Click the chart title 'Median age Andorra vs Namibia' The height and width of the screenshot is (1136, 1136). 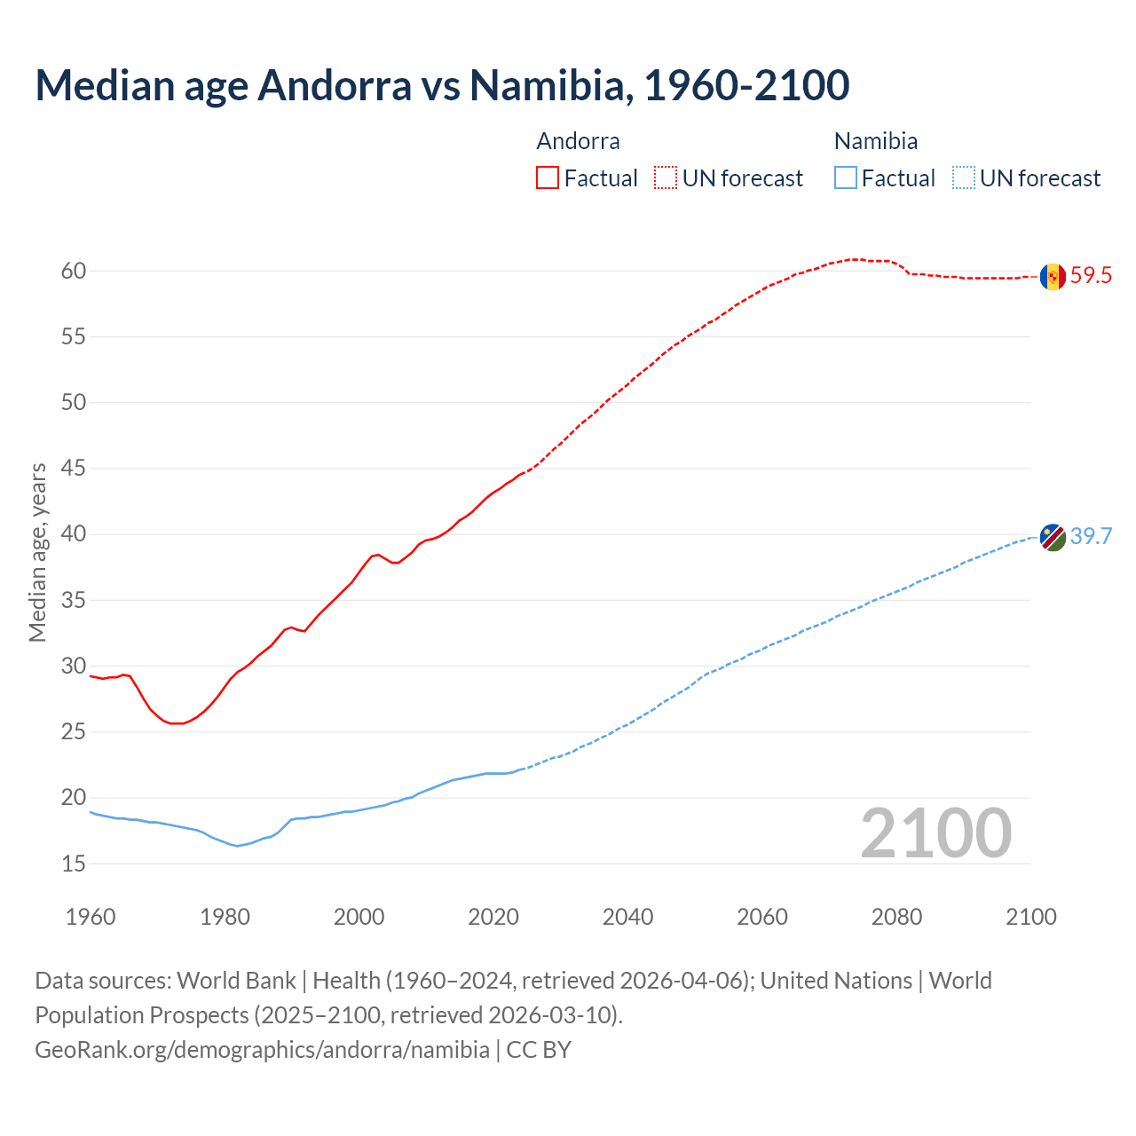tap(442, 85)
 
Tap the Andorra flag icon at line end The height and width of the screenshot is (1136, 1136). tap(1053, 276)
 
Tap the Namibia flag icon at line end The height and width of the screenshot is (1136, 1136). tap(1053, 537)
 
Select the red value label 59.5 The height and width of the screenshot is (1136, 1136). tap(1091, 276)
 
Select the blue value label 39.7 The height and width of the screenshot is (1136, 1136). tap(1091, 537)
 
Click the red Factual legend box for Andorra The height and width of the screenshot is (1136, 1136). tap(548, 178)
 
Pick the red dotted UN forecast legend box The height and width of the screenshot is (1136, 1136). tap(666, 178)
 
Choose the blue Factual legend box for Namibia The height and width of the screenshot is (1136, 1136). tap(846, 178)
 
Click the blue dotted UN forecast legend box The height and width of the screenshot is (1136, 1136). tap(964, 178)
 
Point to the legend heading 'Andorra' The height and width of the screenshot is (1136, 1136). tap(578, 141)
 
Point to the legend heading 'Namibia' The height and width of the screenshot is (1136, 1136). tap(875, 141)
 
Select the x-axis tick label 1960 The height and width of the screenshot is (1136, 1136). tap(91, 917)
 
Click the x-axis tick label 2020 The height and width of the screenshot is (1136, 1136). tap(493, 917)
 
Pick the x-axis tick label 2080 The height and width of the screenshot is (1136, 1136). tap(896, 917)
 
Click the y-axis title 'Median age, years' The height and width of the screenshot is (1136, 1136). tap(37, 552)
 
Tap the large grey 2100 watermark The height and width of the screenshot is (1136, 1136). tap(935, 833)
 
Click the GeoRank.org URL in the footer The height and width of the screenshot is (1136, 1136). tap(262, 1050)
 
